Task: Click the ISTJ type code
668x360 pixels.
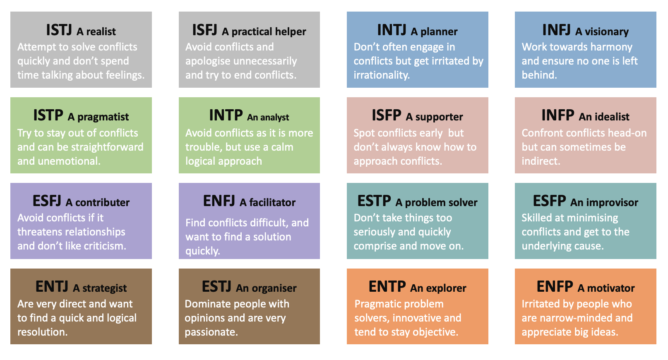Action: click(x=59, y=30)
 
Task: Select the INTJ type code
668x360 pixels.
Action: click(x=392, y=30)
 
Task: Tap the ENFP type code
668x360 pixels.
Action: click(x=555, y=287)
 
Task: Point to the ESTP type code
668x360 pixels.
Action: click(x=374, y=201)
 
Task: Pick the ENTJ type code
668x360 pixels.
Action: click(x=52, y=287)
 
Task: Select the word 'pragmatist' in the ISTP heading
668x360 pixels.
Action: click(x=103, y=117)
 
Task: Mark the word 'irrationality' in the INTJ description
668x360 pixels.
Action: click(x=382, y=75)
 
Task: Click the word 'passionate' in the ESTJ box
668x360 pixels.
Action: click(x=211, y=332)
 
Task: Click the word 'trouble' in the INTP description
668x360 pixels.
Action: click(x=204, y=147)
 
